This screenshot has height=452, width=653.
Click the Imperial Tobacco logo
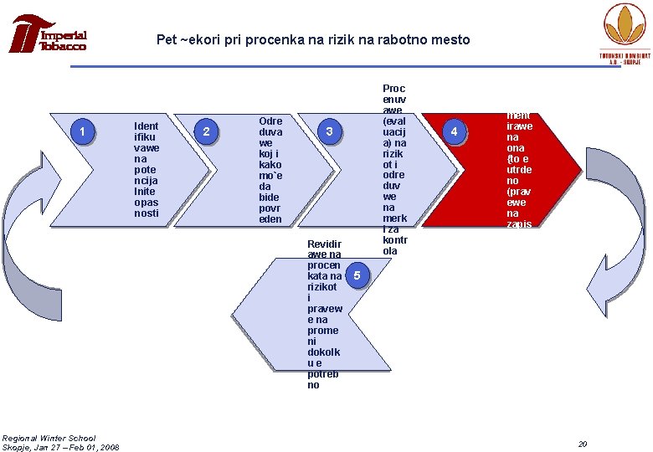[49, 35]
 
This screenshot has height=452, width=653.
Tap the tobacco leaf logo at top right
[627, 28]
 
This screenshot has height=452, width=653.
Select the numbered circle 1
[82, 131]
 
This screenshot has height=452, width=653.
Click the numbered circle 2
[207, 131]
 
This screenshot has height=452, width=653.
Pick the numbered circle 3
[330, 131]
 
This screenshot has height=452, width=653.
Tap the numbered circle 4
[454, 132]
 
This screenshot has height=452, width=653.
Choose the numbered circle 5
[357, 275]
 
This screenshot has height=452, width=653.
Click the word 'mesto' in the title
[452, 40]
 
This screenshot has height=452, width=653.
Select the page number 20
[583, 443]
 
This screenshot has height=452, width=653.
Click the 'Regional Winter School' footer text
[49, 438]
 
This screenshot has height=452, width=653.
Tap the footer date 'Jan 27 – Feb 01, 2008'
[75, 447]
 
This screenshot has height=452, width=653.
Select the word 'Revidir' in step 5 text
[324, 244]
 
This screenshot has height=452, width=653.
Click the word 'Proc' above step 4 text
[393, 89]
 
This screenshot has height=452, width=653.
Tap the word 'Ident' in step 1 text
[147, 126]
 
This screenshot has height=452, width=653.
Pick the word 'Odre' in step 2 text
[270, 121]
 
